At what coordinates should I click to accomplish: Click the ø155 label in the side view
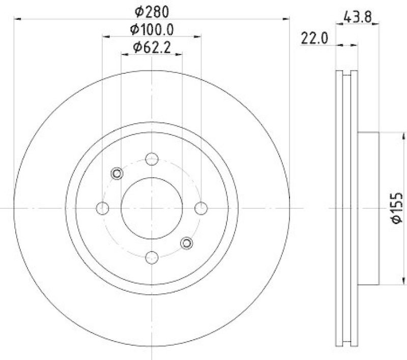pyautogui.click(x=398, y=208)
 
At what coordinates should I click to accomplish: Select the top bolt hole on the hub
pyautogui.click(x=152, y=158)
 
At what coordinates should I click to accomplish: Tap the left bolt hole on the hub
pyautogui.click(x=102, y=208)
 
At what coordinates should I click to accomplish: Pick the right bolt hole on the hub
pyautogui.click(x=201, y=208)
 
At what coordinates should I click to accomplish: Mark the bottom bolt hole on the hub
pyautogui.click(x=152, y=258)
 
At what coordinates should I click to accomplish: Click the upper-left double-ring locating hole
pyautogui.click(x=117, y=174)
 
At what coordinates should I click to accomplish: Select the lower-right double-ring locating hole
pyautogui.click(x=187, y=243)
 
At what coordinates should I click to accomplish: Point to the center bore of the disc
pyautogui.click(x=152, y=208)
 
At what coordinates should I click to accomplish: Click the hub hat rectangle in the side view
pyautogui.click(x=368, y=208)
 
